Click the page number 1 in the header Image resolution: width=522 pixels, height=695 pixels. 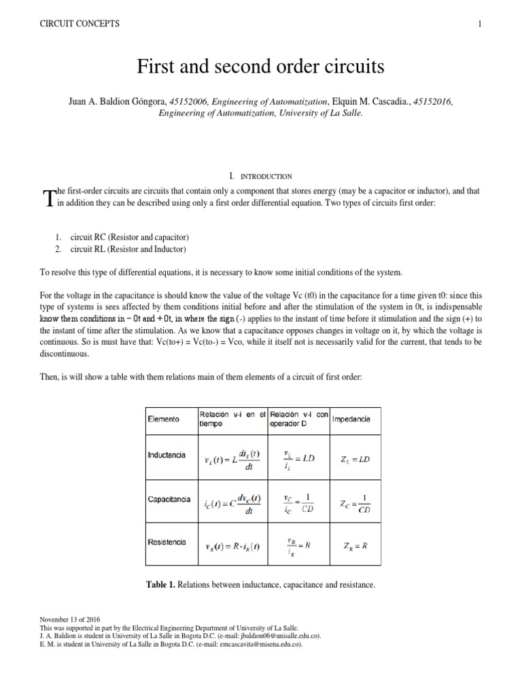point(479,24)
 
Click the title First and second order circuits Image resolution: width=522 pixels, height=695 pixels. point(261,67)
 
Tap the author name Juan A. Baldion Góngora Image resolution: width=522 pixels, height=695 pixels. point(118,102)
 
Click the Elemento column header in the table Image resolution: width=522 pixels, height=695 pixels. point(164,419)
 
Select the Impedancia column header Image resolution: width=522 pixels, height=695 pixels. point(351,419)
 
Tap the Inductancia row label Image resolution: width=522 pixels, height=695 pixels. point(167,455)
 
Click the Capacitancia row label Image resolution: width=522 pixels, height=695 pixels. point(169,499)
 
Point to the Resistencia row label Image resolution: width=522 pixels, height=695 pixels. point(167,542)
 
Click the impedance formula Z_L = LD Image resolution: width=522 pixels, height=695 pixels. point(354,459)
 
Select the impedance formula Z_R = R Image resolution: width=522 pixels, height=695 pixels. point(354,546)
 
